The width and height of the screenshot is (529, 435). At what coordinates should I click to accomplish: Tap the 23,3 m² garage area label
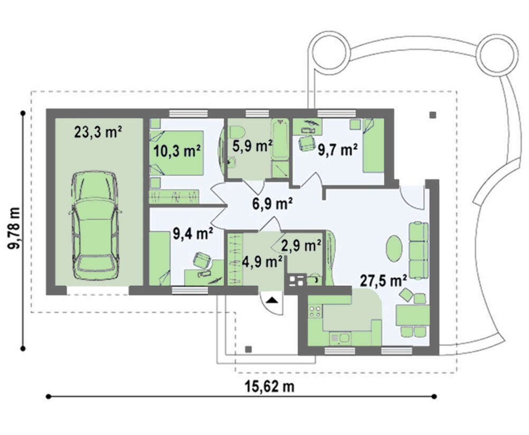pyautogui.click(x=98, y=132)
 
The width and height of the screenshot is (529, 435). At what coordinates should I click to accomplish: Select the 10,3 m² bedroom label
pyautogui.click(x=177, y=151)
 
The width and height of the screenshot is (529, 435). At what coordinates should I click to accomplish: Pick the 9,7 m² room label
pyautogui.click(x=338, y=150)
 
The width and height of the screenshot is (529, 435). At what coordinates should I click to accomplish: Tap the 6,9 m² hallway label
pyautogui.click(x=272, y=204)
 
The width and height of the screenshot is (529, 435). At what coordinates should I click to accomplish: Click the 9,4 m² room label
pyautogui.click(x=193, y=233)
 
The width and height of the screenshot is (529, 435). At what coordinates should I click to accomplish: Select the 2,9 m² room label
pyautogui.click(x=301, y=246)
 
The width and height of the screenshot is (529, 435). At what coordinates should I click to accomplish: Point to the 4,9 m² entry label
pyautogui.click(x=262, y=261)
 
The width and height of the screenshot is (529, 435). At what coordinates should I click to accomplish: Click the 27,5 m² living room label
pyautogui.click(x=383, y=280)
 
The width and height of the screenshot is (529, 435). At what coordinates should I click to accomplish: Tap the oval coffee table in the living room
pyautogui.click(x=394, y=248)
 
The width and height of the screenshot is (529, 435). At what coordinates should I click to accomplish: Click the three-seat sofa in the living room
pyautogui.click(x=418, y=250)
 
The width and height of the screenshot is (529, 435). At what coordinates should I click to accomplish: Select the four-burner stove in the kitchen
pyautogui.click(x=315, y=311)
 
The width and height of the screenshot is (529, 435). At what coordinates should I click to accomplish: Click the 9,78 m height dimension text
pyautogui.click(x=15, y=228)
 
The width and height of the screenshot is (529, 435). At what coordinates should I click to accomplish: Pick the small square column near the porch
pyautogui.click(x=249, y=349)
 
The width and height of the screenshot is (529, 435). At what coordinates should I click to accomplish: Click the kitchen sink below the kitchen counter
pyautogui.click(x=340, y=338)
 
